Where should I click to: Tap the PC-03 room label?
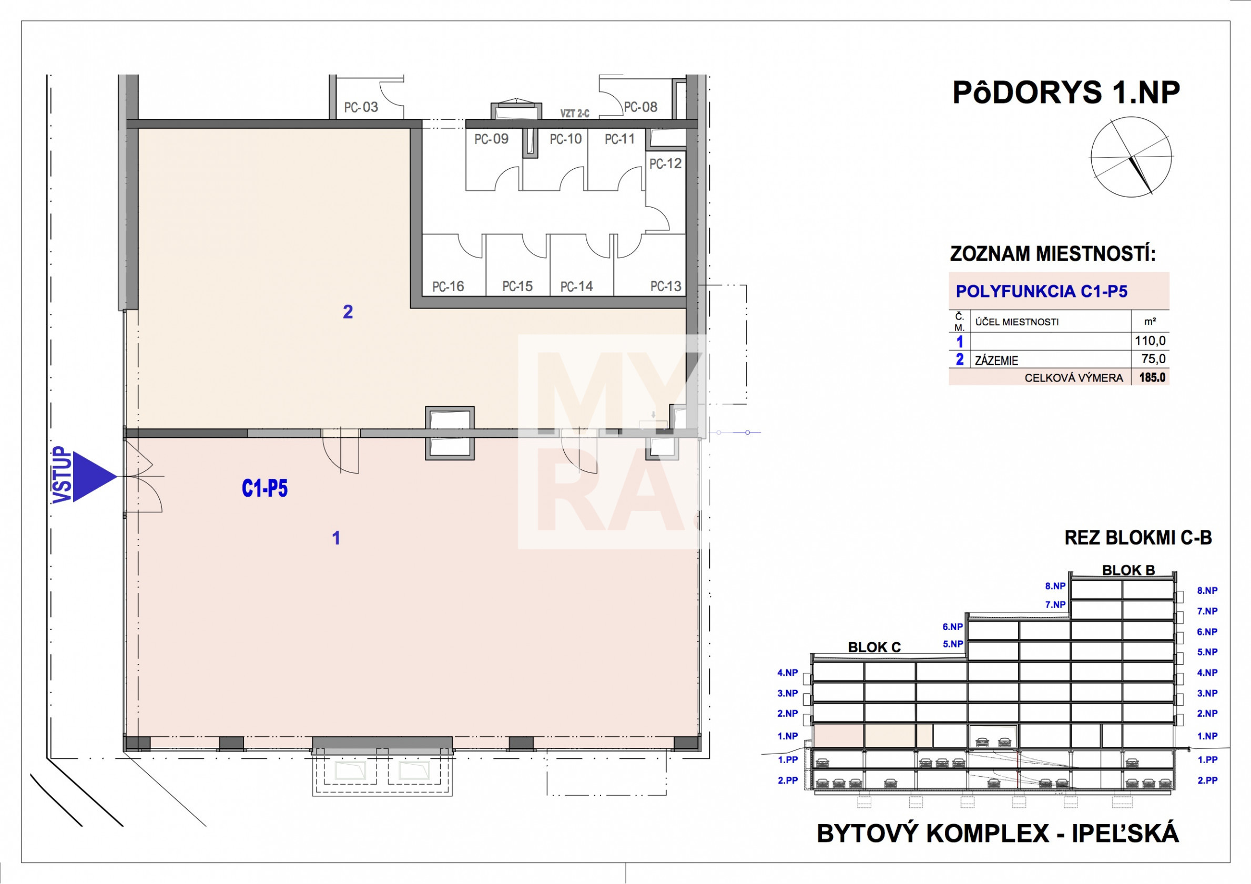click(361, 107)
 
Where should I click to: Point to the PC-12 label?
click(665, 163)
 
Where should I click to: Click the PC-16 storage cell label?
click(448, 286)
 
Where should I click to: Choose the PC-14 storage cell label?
click(576, 286)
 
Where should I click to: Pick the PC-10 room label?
click(566, 139)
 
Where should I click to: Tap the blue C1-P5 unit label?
click(265, 489)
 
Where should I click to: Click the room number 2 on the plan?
click(348, 312)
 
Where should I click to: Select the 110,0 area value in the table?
click(1150, 341)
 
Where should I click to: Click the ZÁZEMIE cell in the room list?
click(996, 360)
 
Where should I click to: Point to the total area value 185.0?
click(1152, 377)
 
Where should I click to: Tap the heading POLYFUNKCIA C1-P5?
click(1042, 291)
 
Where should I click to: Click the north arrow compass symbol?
click(1131, 157)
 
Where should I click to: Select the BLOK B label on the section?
click(1128, 570)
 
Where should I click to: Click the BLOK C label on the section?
click(874, 647)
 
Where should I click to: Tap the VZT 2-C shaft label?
click(575, 114)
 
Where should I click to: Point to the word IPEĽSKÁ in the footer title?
click(1125, 834)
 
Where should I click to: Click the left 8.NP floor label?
click(1055, 586)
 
